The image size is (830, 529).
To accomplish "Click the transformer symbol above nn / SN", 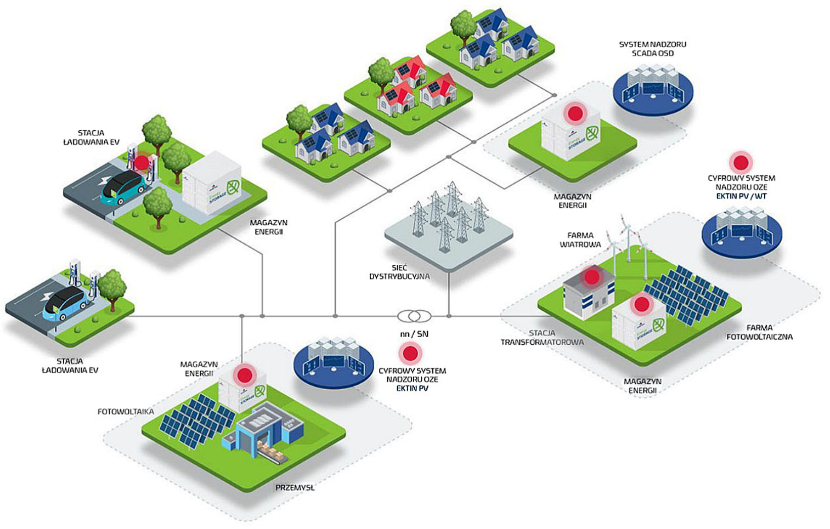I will click(414, 316).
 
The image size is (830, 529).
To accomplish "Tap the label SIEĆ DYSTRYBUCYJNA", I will click(399, 272).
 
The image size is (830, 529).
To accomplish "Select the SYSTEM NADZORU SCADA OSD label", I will click(652, 49).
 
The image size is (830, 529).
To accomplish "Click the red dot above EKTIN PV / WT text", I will click(741, 162).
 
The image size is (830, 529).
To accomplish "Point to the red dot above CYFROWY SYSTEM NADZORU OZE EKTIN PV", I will click(410, 354).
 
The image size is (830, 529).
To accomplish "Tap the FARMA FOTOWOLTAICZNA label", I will click(759, 332).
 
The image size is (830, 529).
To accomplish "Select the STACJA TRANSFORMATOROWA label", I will click(542, 337).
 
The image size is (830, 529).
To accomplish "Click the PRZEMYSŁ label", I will click(295, 487).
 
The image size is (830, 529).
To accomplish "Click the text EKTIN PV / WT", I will click(741, 196).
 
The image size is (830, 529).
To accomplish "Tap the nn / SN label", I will click(414, 334).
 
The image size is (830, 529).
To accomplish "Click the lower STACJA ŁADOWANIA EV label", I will click(70, 366).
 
